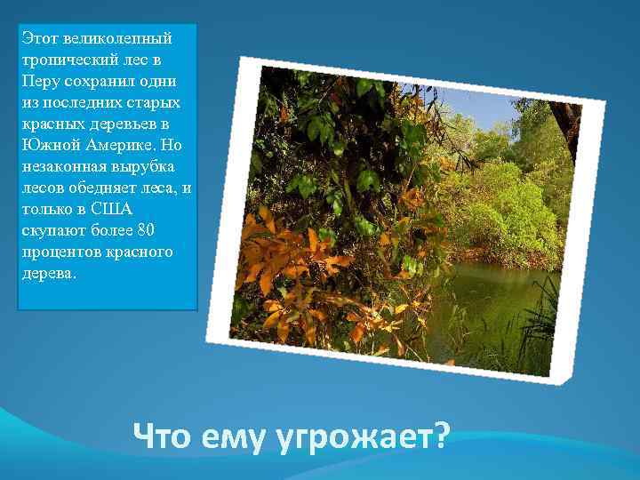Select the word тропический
(68, 59)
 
